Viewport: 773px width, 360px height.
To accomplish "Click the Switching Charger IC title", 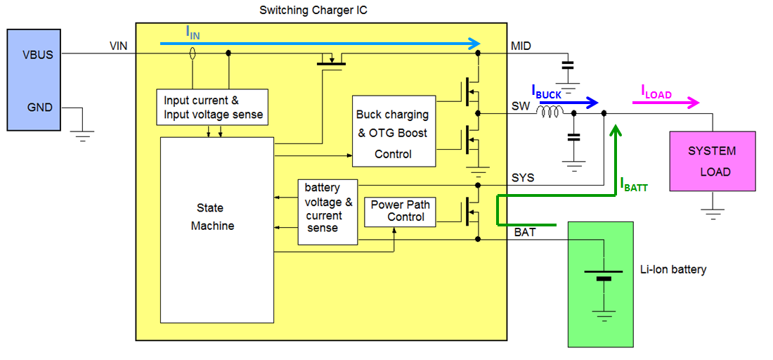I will (x=313, y=10).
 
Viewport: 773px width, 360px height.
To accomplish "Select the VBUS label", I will (x=37, y=54).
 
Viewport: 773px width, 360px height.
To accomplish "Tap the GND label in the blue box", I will (x=41, y=108).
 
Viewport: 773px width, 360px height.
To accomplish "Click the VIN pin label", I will (x=119, y=46).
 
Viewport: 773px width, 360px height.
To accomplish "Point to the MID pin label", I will (x=521, y=46).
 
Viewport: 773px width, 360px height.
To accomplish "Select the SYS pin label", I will (x=522, y=178).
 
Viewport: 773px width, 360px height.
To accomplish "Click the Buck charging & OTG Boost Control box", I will (x=393, y=134).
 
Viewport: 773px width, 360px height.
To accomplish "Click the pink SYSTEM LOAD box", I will (x=712, y=161).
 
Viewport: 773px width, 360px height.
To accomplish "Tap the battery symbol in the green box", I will (x=603, y=275).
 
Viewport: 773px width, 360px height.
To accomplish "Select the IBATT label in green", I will (x=633, y=184).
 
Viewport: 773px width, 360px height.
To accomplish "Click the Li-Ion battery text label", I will (x=673, y=269).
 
